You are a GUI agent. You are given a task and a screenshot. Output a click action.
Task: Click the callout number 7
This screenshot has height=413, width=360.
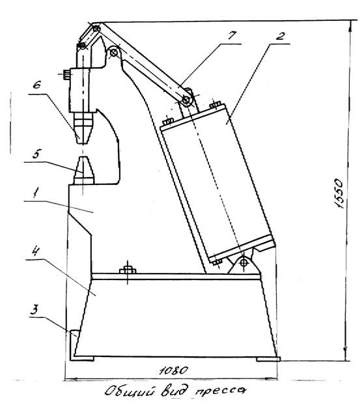tap(232, 35)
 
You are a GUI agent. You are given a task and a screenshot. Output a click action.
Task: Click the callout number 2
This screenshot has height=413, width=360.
tap(281, 36)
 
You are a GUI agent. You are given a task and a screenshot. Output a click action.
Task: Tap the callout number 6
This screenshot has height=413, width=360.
tap(37, 84)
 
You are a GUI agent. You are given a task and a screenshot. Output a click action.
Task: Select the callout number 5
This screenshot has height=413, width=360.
tap(37, 154)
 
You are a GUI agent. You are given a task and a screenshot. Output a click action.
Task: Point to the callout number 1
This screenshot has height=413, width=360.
tap(36, 193)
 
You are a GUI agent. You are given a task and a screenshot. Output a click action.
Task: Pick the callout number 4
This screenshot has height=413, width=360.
tap(36, 251)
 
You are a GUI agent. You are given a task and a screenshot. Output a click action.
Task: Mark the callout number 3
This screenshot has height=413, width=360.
tap(35, 309)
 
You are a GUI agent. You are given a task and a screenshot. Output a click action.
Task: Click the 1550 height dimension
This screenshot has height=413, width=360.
tap(339, 193)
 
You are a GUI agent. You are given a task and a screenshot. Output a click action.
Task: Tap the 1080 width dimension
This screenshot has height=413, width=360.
tap(174, 371)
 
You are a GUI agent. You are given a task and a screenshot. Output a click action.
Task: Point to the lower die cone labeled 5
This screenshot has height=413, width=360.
tap(84, 170)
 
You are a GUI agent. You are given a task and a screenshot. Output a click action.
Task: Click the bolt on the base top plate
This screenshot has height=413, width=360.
tap(128, 270)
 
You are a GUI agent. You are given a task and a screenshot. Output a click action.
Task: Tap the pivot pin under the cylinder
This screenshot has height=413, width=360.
tap(245, 263)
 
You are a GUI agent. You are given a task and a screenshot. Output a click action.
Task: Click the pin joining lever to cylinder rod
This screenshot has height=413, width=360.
tap(186, 100)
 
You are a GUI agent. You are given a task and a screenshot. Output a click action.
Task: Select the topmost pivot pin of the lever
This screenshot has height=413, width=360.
tap(96, 28)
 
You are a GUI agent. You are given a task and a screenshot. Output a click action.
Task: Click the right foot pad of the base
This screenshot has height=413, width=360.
tap(268, 359)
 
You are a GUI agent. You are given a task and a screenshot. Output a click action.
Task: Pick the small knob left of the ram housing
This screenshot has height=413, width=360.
tap(66, 74)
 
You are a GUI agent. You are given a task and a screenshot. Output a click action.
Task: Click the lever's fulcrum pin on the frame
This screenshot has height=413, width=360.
tap(114, 53)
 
